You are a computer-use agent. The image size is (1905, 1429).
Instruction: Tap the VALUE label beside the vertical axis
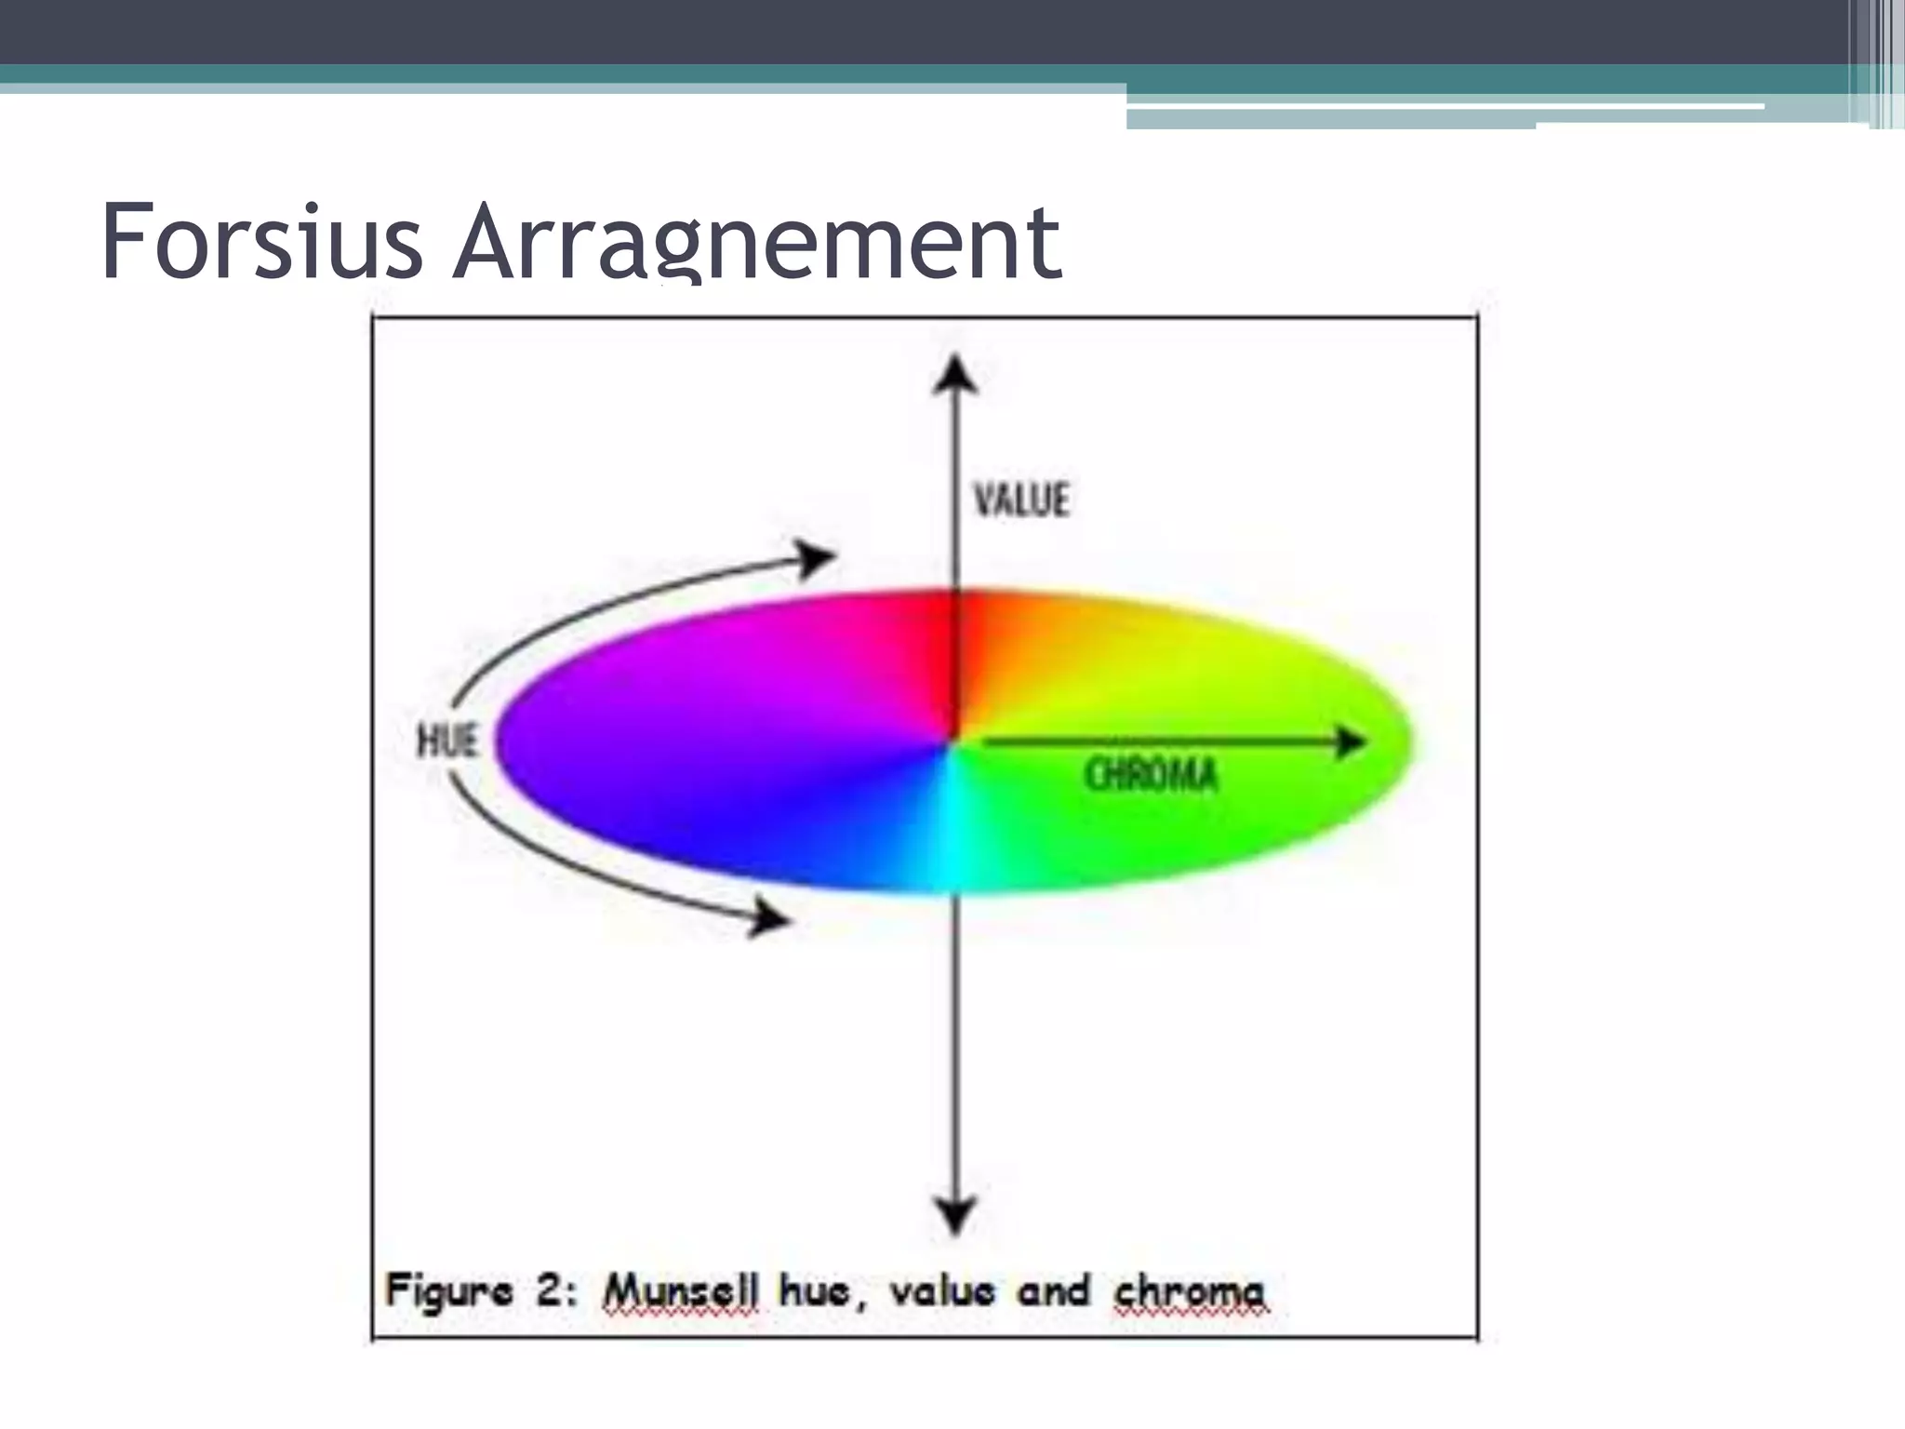click(x=1020, y=500)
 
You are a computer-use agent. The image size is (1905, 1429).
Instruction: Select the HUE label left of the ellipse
click(x=447, y=741)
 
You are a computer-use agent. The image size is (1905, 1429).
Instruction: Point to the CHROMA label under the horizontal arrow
click(x=1151, y=775)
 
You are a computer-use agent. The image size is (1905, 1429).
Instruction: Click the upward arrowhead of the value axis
click(x=955, y=376)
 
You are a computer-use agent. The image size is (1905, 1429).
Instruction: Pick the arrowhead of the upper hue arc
click(x=817, y=558)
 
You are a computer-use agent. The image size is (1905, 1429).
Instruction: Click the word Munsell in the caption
click(x=681, y=1291)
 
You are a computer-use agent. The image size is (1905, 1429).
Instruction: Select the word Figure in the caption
click(x=449, y=1291)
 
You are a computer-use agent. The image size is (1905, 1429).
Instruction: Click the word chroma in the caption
click(x=1190, y=1291)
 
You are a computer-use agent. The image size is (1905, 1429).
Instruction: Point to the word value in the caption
click(x=942, y=1291)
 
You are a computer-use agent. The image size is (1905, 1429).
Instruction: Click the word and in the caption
click(x=1053, y=1291)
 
